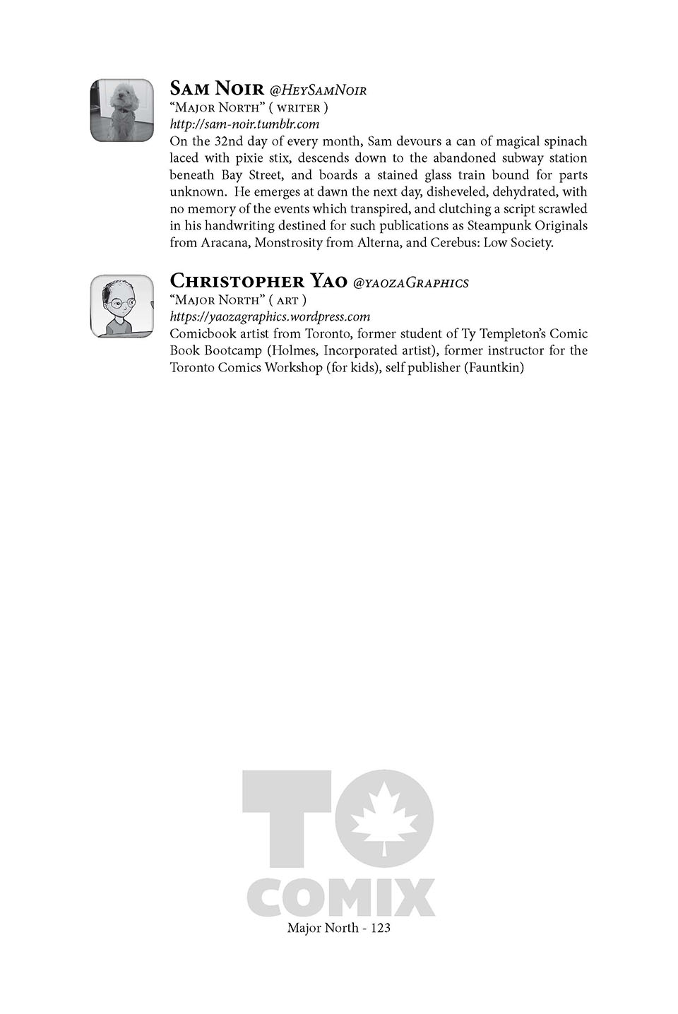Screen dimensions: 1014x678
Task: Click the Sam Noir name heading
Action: [x=216, y=89]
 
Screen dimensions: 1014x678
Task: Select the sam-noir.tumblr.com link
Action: [x=244, y=124]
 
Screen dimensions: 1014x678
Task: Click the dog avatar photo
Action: [x=122, y=110]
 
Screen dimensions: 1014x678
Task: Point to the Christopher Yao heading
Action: [x=258, y=281]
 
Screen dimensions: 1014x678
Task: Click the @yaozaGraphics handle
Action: [x=410, y=283]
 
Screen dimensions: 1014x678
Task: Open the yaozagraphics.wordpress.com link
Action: [x=270, y=316]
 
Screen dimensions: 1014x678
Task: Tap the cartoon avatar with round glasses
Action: [x=122, y=306]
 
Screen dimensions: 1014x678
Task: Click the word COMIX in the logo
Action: [x=341, y=897]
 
